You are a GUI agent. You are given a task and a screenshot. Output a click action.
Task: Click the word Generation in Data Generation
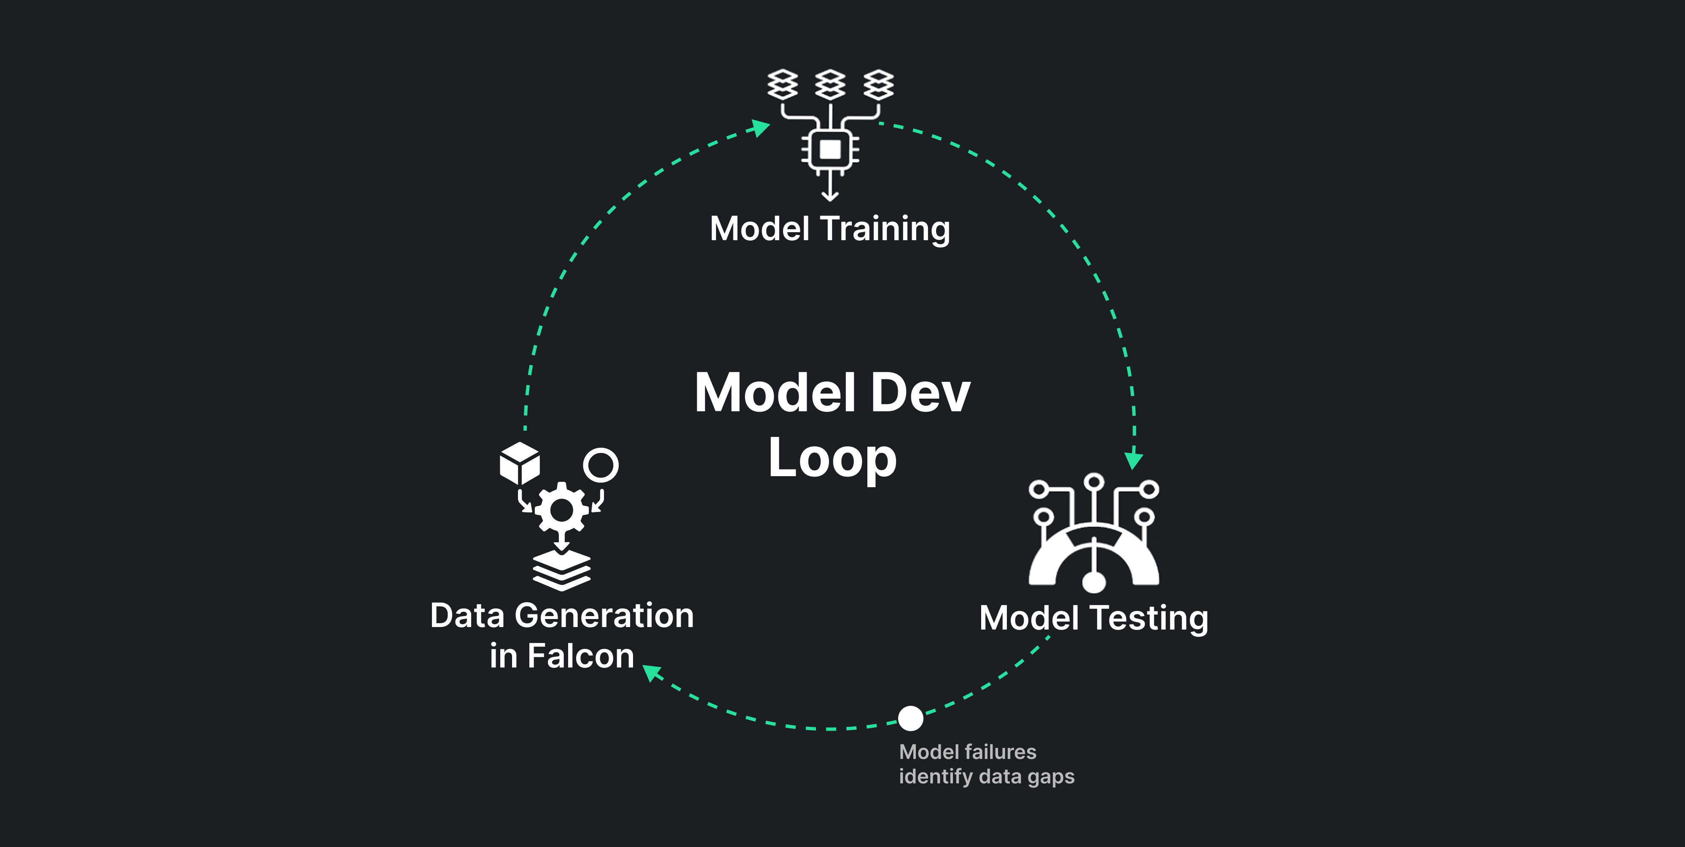tap(604, 616)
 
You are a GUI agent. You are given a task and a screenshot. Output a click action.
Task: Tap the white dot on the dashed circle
tap(910, 718)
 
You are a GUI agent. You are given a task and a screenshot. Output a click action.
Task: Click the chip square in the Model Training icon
tap(830, 149)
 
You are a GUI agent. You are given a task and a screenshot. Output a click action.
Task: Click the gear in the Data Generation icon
tap(561, 509)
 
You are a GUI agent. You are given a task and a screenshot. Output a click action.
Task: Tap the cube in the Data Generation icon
tap(519, 463)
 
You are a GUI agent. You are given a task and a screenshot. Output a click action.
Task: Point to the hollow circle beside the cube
tap(601, 465)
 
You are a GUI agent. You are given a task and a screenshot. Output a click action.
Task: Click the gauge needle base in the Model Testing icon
tap(1094, 581)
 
